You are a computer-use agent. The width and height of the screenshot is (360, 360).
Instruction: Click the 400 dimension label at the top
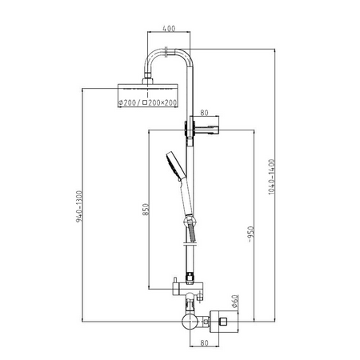click(x=169, y=28)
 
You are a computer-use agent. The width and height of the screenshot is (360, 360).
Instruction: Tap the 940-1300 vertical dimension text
click(x=79, y=206)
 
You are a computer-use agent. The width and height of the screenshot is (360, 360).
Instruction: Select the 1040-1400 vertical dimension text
click(x=271, y=177)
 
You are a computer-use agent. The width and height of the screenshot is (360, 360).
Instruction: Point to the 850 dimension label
click(x=146, y=210)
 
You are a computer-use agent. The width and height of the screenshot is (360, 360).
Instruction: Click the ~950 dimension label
click(x=250, y=234)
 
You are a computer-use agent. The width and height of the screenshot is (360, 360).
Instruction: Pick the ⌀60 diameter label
click(x=234, y=302)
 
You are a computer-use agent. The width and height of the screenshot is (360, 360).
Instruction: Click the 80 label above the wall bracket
click(x=204, y=113)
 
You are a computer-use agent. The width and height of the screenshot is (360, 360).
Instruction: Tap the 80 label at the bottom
click(x=204, y=343)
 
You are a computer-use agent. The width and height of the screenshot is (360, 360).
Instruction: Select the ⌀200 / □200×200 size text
click(x=148, y=102)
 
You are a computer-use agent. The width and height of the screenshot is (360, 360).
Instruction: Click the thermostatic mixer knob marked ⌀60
click(x=224, y=322)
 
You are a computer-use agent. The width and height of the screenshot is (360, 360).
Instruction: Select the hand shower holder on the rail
click(x=190, y=221)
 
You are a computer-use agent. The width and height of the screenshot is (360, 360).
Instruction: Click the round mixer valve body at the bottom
click(x=190, y=322)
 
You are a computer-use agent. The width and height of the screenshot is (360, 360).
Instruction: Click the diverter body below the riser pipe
click(x=188, y=288)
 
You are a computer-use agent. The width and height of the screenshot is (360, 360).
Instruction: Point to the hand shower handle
click(x=186, y=197)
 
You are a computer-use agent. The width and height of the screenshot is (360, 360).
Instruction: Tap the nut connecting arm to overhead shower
click(x=147, y=81)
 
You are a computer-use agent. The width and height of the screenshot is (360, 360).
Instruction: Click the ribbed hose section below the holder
click(x=192, y=232)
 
